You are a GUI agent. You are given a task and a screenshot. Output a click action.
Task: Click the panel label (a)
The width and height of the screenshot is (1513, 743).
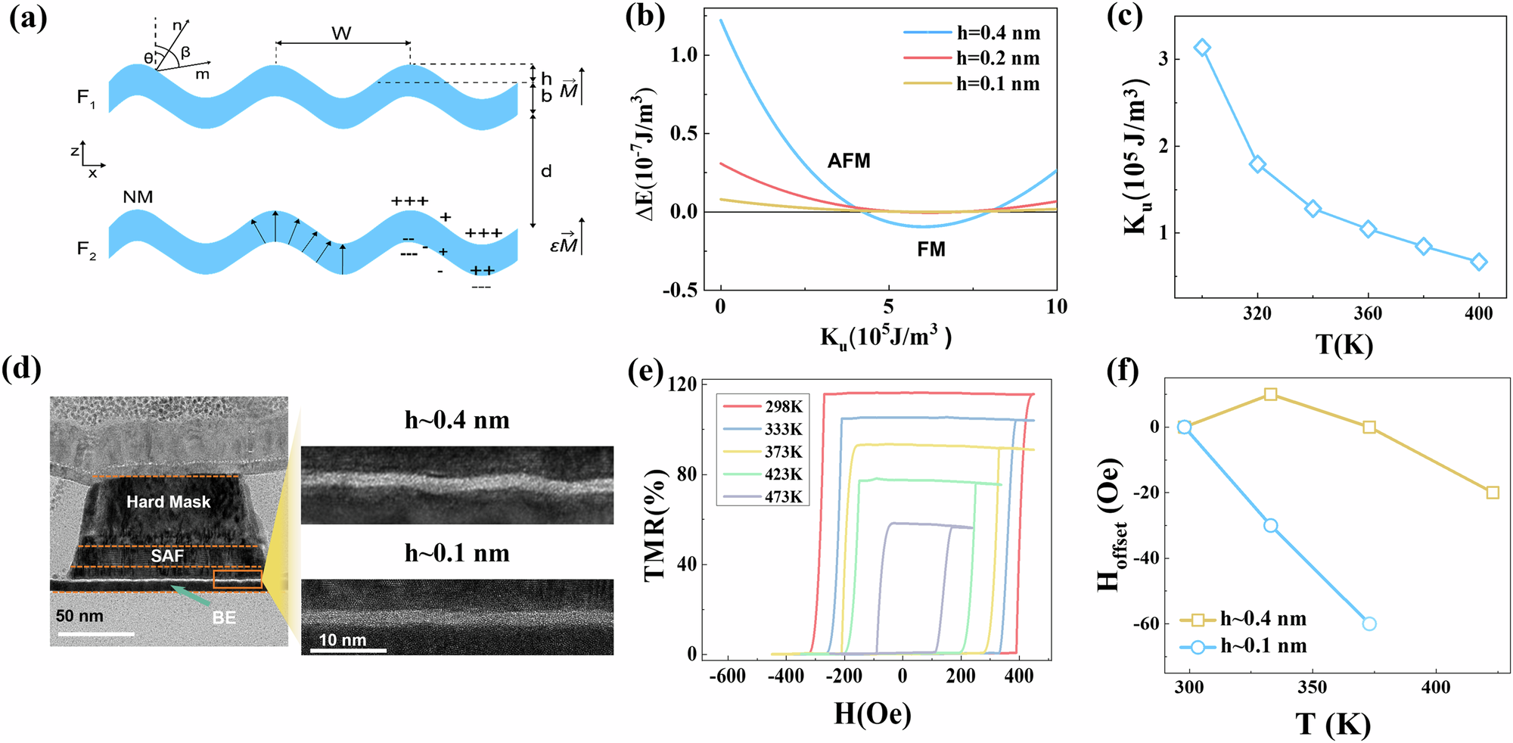(x=28, y=18)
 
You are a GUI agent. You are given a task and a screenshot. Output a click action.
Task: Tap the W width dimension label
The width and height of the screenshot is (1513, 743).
(x=341, y=33)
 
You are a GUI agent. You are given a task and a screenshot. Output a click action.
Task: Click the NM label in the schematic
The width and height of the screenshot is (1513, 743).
(x=138, y=197)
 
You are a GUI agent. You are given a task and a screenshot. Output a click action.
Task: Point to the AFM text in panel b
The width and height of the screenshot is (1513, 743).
(x=849, y=160)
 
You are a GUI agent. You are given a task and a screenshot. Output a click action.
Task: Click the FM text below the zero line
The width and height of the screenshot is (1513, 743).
(x=931, y=249)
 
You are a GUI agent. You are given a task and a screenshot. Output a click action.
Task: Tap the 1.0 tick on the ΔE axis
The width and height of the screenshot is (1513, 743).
(x=685, y=55)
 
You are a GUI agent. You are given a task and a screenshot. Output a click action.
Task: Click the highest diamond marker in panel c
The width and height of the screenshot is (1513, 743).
(x=1202, y=48)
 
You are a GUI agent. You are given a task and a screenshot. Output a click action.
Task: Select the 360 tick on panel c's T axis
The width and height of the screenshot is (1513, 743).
(x=1368, y=314)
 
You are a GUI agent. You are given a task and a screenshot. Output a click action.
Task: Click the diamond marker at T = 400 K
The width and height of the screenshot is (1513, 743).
(x=1479, y=262)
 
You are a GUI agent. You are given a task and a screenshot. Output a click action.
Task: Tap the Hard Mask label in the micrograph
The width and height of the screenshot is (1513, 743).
(x=168, y=502)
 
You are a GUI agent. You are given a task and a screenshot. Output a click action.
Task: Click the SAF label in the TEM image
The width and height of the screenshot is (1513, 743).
(x=167, y=556)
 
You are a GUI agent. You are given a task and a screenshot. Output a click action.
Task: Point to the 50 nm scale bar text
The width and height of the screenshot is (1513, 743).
(x=79, y=616)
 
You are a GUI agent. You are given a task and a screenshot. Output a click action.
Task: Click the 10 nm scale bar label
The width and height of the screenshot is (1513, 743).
(x=342, y=640)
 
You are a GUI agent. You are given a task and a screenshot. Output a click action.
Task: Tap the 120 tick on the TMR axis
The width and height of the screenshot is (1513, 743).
(x=682, y=384)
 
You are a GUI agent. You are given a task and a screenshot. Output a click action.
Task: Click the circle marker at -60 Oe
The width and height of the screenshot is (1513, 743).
(x=1369, y=623)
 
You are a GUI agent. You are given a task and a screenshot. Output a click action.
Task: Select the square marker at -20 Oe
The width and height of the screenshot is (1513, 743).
(x=1493, y=493)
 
